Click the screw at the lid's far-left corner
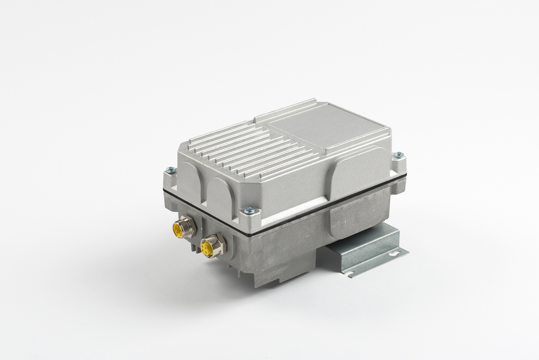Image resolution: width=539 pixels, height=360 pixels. pos(169,169)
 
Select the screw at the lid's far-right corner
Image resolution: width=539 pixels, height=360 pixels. pos(399,155)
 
